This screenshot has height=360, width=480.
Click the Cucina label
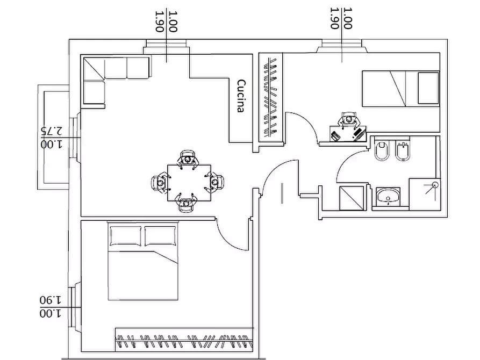tap(241, 96)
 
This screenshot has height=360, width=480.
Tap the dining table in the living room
tap(189, 183)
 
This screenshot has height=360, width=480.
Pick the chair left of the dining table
tap(161, 183)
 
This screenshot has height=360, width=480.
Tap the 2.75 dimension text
tap(52, 131)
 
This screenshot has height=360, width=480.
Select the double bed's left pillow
tap(126, 236)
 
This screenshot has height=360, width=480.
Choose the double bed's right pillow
tap(160, 236)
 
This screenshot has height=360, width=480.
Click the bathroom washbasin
tap(388, 196)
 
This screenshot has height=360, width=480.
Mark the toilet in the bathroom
tap(382, 150)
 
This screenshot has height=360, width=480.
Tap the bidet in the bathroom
tap(403, 151)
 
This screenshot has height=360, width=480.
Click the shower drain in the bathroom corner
tap(435, 185)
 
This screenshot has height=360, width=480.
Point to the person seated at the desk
tap(349, 120)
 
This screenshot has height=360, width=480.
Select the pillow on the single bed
tap(428, 88)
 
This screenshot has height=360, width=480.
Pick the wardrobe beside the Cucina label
tap(270, 97)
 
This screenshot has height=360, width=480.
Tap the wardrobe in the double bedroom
tap(184, 340)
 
